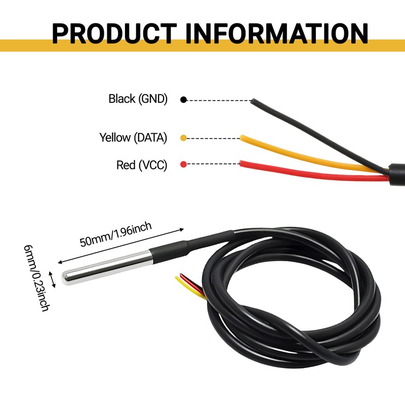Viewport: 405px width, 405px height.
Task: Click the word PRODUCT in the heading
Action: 115,33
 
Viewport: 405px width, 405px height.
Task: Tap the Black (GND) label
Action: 138,99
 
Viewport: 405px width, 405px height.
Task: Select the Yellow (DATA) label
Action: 133,137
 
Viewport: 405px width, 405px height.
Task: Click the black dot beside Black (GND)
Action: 184,100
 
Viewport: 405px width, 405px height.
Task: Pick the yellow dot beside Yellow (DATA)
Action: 183,138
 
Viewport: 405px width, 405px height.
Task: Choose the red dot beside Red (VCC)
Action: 183,164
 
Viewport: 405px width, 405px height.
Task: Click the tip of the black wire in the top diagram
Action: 252,100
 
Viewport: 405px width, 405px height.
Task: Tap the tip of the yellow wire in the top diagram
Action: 242,137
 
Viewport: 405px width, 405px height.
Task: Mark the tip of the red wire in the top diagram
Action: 242,164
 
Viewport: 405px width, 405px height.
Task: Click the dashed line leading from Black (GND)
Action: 218,100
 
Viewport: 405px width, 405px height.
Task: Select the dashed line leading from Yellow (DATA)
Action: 213,138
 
